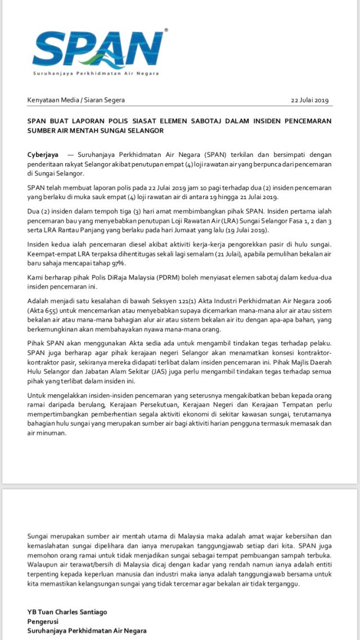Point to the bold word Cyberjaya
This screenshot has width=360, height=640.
point(42,154)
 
